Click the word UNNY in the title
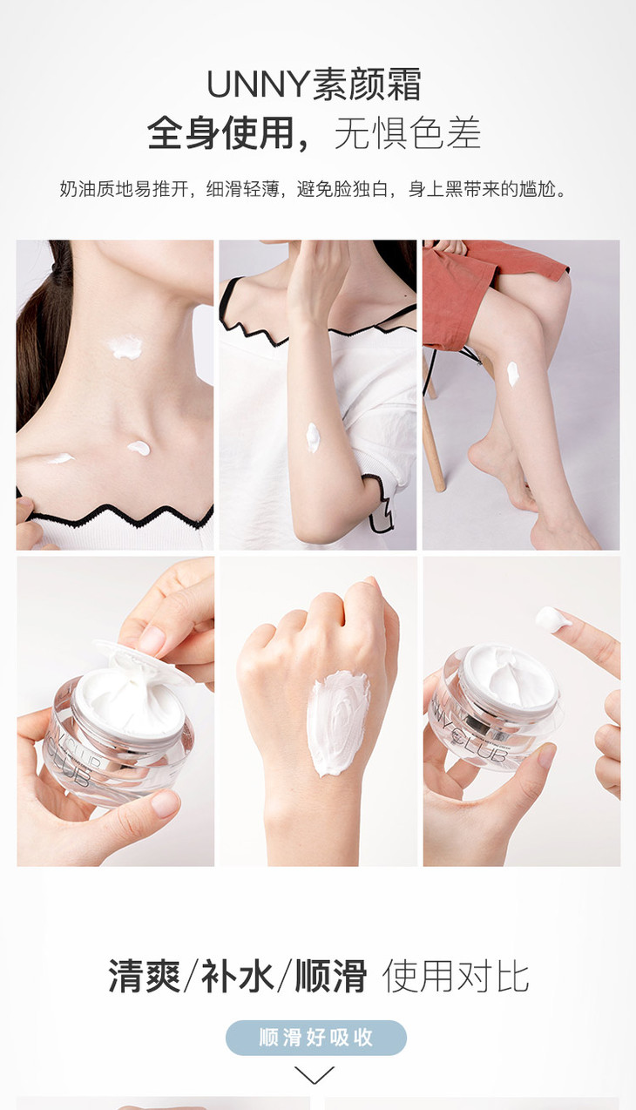click(x=258, y=85)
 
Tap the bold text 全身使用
click(x=221, y=132)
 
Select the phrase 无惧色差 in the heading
click(x=408, y=132)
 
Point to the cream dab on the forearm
click(x=313, y=437)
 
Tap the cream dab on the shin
click(x=512, y=374)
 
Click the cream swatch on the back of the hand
click(x=338, y=722)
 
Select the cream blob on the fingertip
click(x=551, y=619)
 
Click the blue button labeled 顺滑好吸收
click(x=316, y=1038)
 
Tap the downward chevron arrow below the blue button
click(x=315, y=1075)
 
